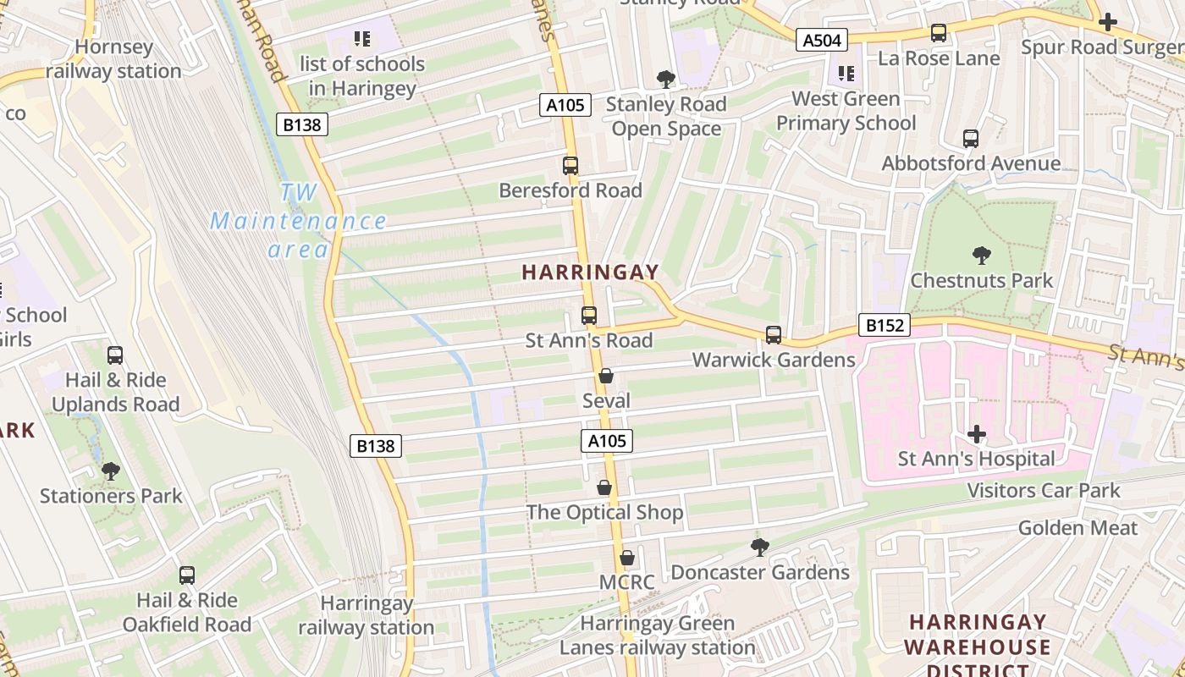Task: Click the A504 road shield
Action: (821, 40)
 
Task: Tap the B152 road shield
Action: (883, 325)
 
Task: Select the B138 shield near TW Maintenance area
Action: (301, 125)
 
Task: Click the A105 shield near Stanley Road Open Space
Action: (565, 106)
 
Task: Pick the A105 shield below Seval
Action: (607, 441)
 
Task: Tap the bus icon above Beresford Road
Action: (570, 166)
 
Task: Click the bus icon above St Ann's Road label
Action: (589, 316)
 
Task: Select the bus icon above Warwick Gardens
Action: (774, 335)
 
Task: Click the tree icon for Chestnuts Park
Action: (981, 255)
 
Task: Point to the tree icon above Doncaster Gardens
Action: (760, 548)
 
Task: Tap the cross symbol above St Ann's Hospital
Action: (977, 435)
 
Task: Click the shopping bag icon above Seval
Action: (606, 376)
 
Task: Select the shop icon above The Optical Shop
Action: (604, 487)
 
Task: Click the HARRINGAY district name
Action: (590, 272)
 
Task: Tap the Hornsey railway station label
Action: (113, 59)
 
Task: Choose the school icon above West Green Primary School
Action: (846, 74)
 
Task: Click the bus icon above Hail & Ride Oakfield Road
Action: (187, 575)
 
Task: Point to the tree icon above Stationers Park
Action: (110, 471)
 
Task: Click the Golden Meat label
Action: (1078, 528)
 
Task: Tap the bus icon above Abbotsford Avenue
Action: (971, 138)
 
